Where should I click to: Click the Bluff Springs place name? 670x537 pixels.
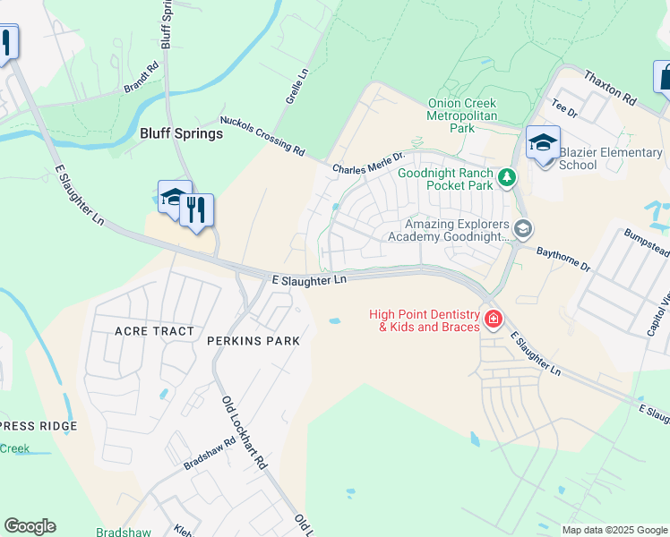[181, 133]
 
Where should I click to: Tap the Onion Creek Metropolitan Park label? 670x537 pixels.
[462, 116]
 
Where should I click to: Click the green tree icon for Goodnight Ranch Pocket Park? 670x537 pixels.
[507, 179]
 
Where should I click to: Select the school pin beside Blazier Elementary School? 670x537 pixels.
[543, 143]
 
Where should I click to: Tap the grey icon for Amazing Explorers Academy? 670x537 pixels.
[523, 230]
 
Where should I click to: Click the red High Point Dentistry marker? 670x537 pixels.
[493, 320]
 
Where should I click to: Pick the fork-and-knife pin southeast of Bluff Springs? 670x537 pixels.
[196, 211]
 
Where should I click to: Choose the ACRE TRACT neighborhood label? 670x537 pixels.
[154, 331]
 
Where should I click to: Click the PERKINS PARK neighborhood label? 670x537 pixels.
[252, 341]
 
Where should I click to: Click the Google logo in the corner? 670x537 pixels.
[30, 526]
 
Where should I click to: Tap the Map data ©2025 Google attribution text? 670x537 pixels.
[614, 530]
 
